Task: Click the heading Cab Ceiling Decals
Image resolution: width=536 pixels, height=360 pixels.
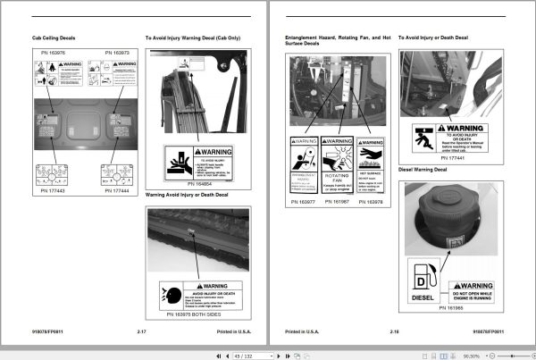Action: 53,38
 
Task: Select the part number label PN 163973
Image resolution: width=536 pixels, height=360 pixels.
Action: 117,53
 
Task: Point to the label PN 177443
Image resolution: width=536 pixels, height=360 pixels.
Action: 53,189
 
